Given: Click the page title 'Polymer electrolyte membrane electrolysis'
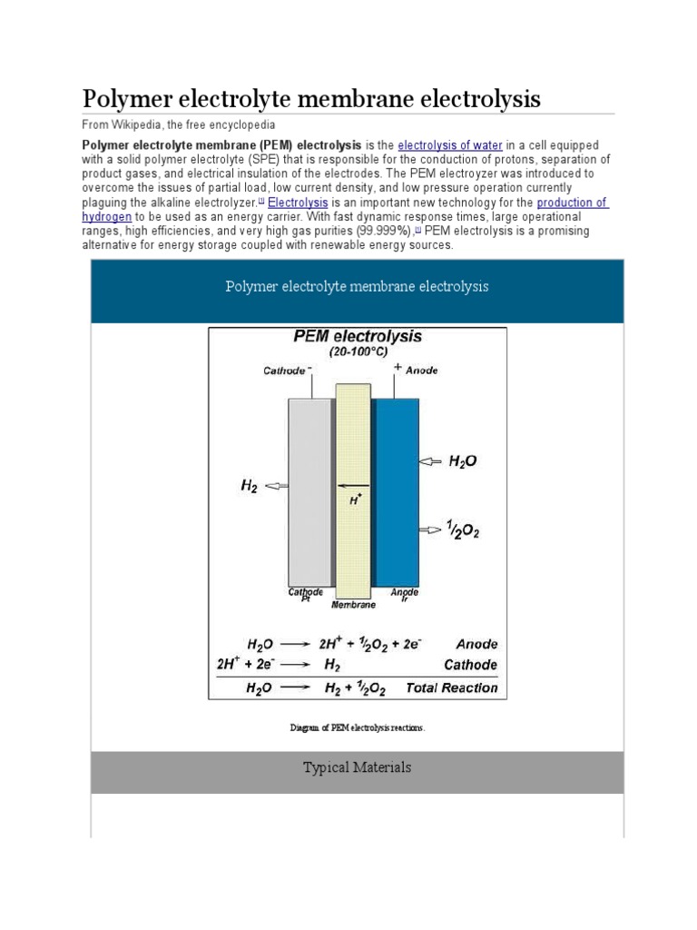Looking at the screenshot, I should [311, 98].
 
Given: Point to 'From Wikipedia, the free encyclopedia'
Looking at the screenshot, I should [179, 124].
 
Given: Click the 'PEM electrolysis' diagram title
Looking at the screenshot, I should [358, 336].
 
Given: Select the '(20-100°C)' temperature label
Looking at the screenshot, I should [358, 351].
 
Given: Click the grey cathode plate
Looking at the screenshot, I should [309, 491].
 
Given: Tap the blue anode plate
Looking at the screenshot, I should [397, 491].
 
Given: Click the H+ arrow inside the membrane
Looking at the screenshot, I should [354, 487].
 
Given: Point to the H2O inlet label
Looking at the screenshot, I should [462, 461].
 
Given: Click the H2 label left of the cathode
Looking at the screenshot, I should [249, 486].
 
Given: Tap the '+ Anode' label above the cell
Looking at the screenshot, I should [415, 369].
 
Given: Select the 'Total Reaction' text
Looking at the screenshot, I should [451, 688].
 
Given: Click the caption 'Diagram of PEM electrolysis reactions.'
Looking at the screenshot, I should [357, 727].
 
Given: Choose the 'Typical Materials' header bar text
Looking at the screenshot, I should [357, 767].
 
